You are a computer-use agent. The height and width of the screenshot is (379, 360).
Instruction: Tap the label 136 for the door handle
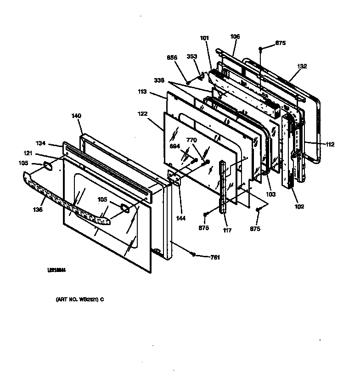(38, 210)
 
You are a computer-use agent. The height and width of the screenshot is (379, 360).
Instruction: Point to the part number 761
(215, 257)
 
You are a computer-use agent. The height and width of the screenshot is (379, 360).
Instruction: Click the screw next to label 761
(195, 255)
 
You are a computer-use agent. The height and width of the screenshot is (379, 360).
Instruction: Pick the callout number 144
(181, 219)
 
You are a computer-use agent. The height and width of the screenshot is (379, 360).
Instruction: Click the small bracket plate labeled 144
(174, 178)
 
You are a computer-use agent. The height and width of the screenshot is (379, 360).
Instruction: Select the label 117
(226, 230)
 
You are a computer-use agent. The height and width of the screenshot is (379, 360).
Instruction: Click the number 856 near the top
(172, 57)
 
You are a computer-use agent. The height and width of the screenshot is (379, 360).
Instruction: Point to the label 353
(191, 57)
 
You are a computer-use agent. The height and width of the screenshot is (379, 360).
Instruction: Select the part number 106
(235, 36)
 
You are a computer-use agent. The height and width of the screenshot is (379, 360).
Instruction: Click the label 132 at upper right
(302, 66)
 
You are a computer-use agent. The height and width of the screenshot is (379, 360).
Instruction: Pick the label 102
(298, 206)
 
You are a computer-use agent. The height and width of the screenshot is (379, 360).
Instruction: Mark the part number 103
(271, 194)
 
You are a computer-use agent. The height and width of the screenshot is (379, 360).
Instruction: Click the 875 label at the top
(280, 43)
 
